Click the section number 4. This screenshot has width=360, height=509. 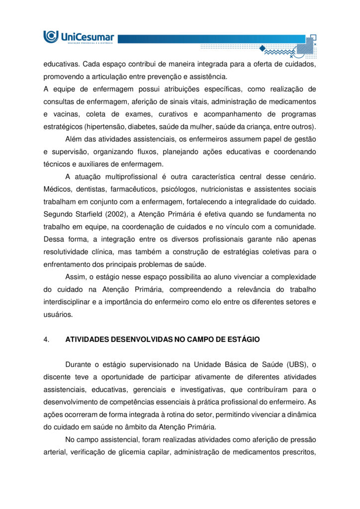tap(46, 339)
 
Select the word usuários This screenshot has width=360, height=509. tap(58, 314)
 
